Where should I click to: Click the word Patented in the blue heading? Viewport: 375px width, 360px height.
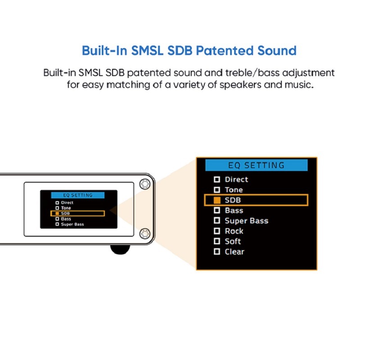pyautogui.click(x=230, y=50)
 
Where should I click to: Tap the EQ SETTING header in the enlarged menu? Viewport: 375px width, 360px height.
pyautogui.click(x=256, y=165)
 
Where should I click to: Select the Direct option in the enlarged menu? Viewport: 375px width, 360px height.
pyautogui.click(x=236, y=180)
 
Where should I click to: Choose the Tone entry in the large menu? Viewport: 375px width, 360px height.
pyautogui.click(x=234, y=190)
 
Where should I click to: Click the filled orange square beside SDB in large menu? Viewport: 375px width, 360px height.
pyautogui.click(x=217, y=200)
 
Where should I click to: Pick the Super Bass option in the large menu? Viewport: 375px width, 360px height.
pyautogui.click(x=246, y=221)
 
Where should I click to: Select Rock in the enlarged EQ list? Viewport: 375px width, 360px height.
pyautogui.click(x=234, y=231)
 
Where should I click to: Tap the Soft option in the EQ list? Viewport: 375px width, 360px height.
pyautogui.click(x=233, y=242)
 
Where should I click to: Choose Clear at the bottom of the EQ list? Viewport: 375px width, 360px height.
pyautogui.click(x=235, y=252)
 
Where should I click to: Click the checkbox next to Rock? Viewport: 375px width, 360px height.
pyautogui.click(x=217, y=231)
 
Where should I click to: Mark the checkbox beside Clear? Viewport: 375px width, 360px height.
pyautogui.click(x=217, y=252)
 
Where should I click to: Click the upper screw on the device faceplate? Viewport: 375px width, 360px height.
pyautogui.click(x=144, y=184)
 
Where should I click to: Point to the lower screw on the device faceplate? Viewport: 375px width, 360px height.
pyautogui.click(x=144, y=233)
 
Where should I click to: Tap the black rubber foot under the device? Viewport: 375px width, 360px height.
pyautogui.click(x=121, y=249)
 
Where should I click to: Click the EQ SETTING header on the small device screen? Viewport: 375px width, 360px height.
pyautogui.click(x=78, y=195)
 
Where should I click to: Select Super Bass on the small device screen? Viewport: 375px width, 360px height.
pyautogui.click(x=72, y=224)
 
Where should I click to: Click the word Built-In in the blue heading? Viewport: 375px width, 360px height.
pyautogui.click(x=104, y=50)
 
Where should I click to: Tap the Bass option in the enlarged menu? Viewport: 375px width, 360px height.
pyautogui.click(x=234, y=211)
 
